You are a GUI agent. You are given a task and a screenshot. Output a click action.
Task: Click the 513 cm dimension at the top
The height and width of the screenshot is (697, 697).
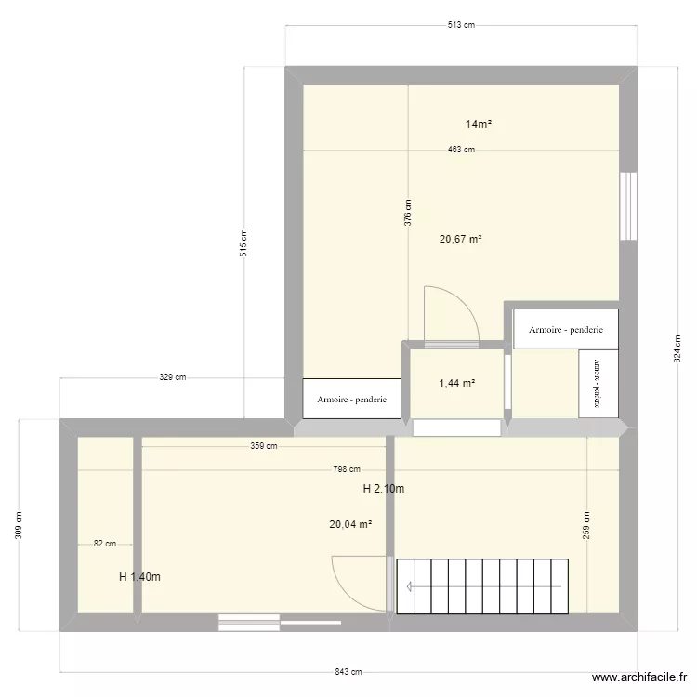461,25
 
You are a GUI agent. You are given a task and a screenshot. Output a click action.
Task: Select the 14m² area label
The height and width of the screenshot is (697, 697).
479,124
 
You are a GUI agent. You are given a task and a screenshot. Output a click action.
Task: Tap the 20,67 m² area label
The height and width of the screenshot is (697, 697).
461,239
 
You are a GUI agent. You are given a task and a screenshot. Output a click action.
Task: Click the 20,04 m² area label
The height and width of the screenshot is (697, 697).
350,524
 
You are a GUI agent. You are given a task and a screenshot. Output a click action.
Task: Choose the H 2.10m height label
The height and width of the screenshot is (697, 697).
383,489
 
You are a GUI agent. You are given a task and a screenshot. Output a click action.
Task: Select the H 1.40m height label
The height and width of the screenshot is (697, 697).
139,577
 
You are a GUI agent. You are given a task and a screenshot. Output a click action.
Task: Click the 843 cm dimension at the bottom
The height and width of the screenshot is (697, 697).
348,672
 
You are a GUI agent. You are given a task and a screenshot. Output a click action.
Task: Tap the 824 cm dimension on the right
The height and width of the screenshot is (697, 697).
678,348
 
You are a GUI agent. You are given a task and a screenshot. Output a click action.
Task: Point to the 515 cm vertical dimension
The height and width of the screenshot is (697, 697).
244,243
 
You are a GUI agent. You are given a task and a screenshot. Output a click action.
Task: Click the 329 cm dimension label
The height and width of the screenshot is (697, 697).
173,377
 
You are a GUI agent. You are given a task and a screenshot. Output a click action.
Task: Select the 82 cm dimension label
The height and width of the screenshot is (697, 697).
105,545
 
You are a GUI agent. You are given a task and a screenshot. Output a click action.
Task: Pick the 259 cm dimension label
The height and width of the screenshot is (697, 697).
586,526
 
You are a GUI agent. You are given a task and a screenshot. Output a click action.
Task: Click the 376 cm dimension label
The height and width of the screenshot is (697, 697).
408,213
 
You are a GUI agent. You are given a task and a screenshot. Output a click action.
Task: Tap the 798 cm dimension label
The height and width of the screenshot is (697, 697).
348,470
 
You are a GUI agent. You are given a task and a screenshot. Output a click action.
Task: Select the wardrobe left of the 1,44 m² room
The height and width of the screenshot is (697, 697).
351,399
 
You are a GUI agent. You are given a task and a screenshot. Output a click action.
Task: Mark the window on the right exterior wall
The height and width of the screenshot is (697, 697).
629,205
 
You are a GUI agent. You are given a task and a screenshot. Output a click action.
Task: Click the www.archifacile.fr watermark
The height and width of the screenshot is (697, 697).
639,678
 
